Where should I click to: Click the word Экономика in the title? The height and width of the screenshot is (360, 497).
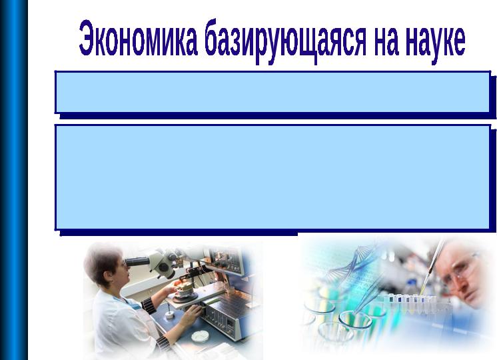click(138, 38)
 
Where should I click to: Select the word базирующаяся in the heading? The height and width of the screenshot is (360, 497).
click(285, 41)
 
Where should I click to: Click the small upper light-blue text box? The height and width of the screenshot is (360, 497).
click(272, 92)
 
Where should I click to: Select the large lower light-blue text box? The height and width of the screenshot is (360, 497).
click(272, 177)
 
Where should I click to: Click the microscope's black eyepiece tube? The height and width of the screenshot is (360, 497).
click(137, 262)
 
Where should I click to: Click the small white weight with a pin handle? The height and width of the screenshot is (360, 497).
click(170, 313)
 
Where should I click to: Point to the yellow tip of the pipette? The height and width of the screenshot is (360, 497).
click(423, 289)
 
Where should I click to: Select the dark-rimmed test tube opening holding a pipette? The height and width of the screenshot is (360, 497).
click(355, 319)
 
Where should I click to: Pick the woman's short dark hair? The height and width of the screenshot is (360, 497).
click(101, 260)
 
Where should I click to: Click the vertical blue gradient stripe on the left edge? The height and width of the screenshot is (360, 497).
click(14, 180)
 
